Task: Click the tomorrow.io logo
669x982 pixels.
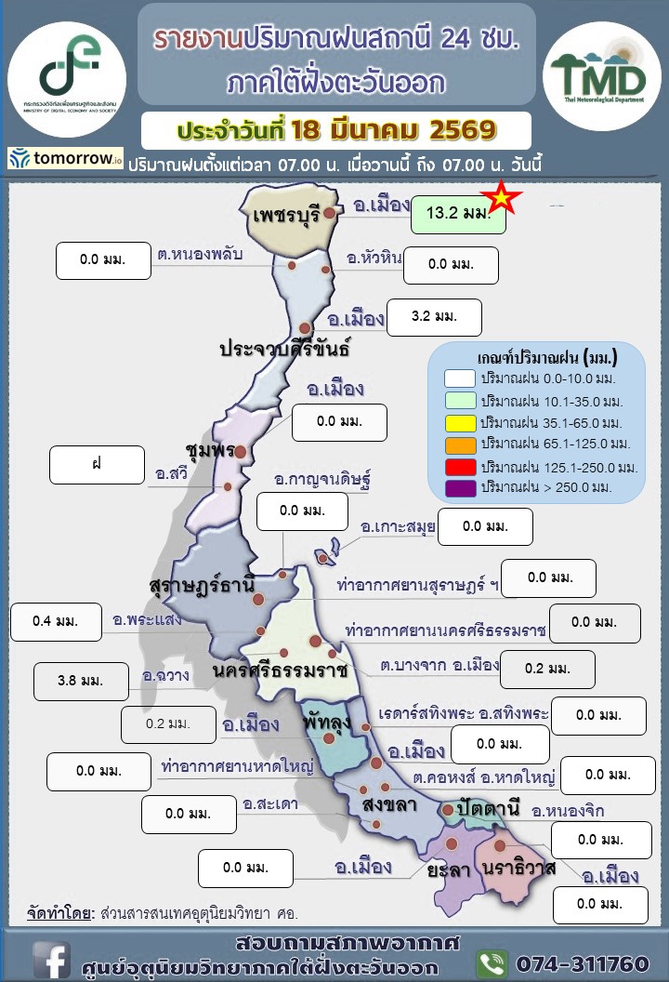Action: click(x=66, y=159)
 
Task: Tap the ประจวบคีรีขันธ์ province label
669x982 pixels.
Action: click(x=284, y=350)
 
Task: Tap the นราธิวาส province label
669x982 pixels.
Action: click(x=519, y=869)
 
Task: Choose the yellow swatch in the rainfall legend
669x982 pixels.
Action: click(x=460, y=421)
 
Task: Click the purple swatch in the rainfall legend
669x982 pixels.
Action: click(x=460, y=487)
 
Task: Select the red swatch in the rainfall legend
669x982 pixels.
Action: click(x=460, y=465)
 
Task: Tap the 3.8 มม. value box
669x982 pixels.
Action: click(x=80, y=681)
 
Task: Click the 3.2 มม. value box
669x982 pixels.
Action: click(x=434, y=317)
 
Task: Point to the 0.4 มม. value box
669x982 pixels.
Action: click(x=55, y=621)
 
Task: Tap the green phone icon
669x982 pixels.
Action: click(x=492, y=962)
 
